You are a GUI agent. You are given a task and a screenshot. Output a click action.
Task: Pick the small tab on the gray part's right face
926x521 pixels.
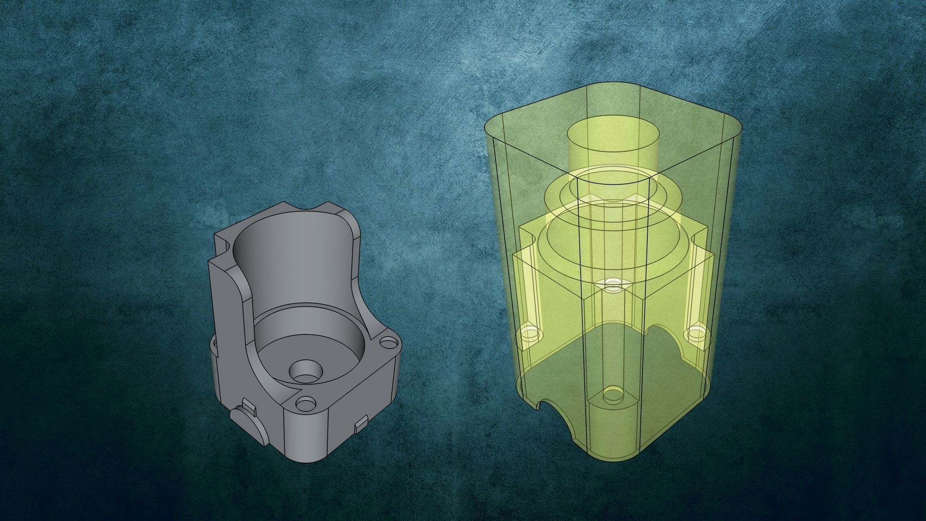click(361, 426)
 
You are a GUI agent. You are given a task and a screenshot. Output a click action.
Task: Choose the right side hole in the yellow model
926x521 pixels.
click(695, 333)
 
